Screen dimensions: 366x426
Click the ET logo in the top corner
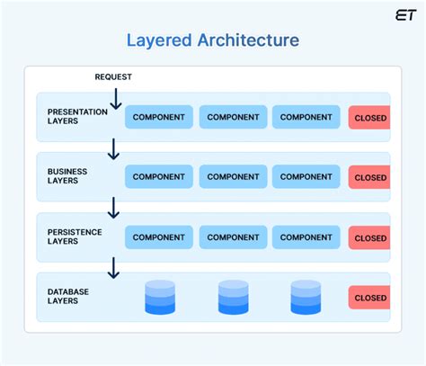(405, 14)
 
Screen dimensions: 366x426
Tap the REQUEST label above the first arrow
(113, 77)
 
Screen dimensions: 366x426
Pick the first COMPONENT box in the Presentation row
(159, 117)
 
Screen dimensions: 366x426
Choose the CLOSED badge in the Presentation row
(369, 118)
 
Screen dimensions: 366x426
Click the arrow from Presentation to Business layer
(113, 148)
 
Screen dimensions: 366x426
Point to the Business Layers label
(65, 176)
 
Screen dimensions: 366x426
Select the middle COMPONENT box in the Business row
(233, 177)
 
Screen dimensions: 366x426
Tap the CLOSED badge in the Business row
(369, 178)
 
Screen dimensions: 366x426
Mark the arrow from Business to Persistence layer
(113, 208)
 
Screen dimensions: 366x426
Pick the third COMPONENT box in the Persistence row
(306, 237)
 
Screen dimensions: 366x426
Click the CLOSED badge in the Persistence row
(369, 238)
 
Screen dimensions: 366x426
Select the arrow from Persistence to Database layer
(113, 267)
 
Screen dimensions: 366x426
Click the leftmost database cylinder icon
(160, 298)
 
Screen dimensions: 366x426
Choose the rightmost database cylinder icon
(306, 298)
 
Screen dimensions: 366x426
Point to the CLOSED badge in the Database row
(369, 298)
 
